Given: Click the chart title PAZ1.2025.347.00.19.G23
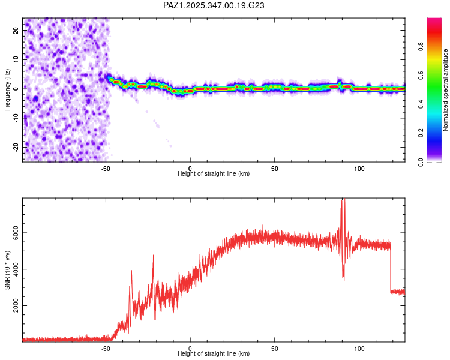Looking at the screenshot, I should click(214, 5).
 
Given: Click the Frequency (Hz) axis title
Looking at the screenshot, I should click(7, 90).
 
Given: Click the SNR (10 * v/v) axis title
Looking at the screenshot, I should click(7, 270).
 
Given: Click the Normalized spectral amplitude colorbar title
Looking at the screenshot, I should click(446, 90).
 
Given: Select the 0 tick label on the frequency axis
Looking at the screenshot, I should click(17, 88).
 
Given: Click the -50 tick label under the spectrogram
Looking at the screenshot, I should click(106, 168).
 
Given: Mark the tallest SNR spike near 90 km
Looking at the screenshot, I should click(343, 200).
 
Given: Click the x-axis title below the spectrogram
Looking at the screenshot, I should click(214, 174).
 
